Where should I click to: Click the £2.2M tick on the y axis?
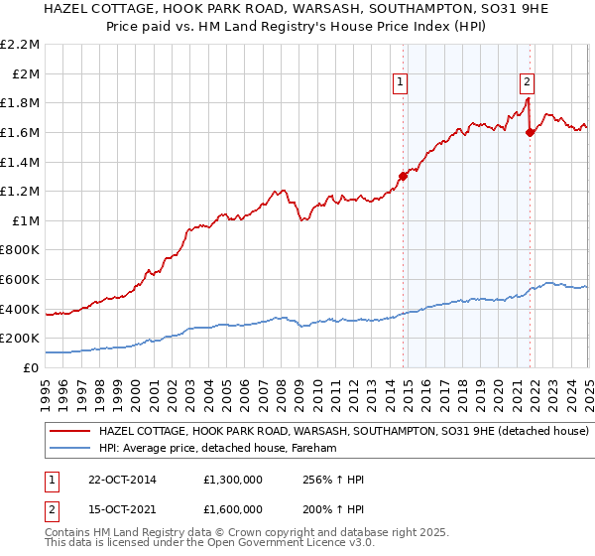tap(21, 45)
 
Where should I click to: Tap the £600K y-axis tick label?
tap(21, 279)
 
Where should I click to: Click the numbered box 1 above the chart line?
tap(400, 83)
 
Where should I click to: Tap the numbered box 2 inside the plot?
tap(527, 83)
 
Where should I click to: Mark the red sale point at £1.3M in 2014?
tap(404, 177)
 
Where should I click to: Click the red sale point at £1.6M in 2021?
tap(530, 132)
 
